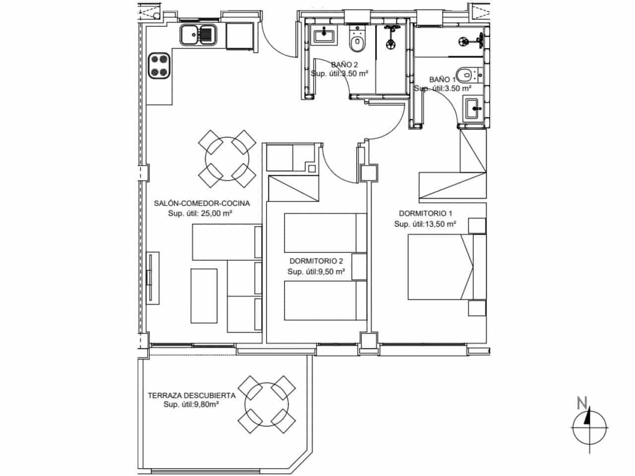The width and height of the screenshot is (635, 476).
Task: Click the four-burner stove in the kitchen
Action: (160, 65)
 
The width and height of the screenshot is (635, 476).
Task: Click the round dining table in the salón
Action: (223, 159)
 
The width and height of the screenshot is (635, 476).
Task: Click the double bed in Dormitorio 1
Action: (441, 267)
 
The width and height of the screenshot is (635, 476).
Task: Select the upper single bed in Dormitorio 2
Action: (320, 233)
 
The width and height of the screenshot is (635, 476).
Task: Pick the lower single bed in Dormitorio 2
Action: (320, 300)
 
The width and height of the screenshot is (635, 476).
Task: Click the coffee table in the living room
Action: (204, 295)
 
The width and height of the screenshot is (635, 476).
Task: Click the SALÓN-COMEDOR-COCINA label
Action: (201, 203)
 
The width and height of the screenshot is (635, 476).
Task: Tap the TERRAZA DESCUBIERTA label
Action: (191, 396)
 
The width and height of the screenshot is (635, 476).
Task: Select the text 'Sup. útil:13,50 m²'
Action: (425, 224)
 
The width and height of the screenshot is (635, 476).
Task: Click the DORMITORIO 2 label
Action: (316, 261)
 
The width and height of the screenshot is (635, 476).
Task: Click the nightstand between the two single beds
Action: (359, 267)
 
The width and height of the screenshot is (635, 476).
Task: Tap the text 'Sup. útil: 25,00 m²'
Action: (200, 214)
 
